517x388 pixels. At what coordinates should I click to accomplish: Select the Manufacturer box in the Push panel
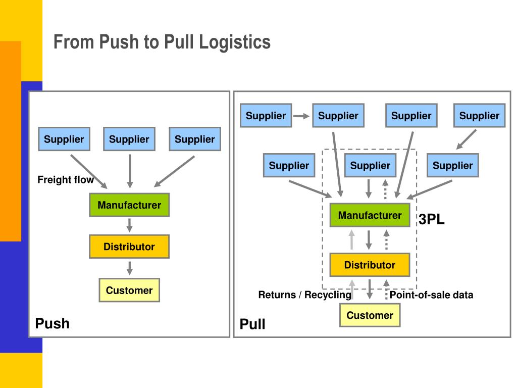pyautogui.click(x=129, y=205)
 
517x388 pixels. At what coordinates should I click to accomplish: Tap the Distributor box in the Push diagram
pyautogui.click(x=129, y=247)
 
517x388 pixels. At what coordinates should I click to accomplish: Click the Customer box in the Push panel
pyautogui.click(x=129, y=290)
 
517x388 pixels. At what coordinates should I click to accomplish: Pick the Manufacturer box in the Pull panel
pyautogui.click(x=370, y=215)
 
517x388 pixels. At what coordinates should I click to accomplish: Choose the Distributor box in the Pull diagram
pyautogui.click(x=370, y=265)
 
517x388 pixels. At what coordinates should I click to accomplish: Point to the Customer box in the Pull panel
pyautogui.click(x=370, y=315)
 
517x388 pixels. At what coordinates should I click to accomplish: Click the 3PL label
pyautogui.click(x=432, y=219)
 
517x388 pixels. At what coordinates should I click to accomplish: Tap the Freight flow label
pyautogui.click(x=66, y=179)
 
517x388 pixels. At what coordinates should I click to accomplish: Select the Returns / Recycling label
pyautogui.click(x=304, y=295)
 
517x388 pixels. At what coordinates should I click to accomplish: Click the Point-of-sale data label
pyautogui.click(x=431, y=295)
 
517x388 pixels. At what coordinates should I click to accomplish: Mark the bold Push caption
pyautogui.click(x=53, y=323)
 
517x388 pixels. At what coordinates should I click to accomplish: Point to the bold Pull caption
pyautogui.click(x=252, y=324)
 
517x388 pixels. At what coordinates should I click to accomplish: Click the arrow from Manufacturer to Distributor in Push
pyautogui.click(x=130, y=225)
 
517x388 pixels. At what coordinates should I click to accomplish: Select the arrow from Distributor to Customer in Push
pyautogui.click(x=130, y=268)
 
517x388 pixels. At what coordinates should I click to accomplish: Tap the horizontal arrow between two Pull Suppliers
pyautogui.click(x=301, y=116)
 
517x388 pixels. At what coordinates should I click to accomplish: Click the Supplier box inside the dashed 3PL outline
pyautogui.click(x=370, y=165)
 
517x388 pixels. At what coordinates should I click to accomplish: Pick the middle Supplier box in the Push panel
pyautogui.click(x=129, y=139)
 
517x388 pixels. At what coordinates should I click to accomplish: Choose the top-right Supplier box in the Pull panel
pyautogui.click(x=480, y=116)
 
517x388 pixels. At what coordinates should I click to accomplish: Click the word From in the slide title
pyautogui.click(x=73, y=42)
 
